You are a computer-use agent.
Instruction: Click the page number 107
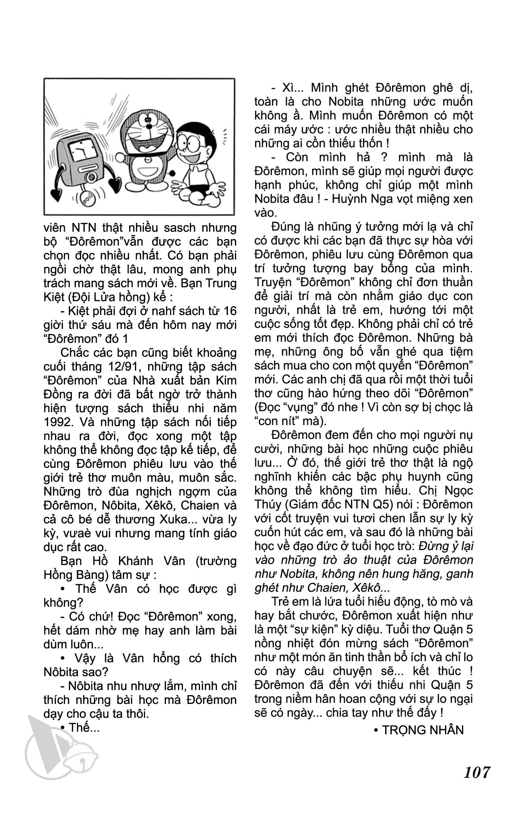tap(476, 789)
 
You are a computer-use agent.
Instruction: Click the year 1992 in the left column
tap(57, 422)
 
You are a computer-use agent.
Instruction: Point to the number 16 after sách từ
tap(228, 311)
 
